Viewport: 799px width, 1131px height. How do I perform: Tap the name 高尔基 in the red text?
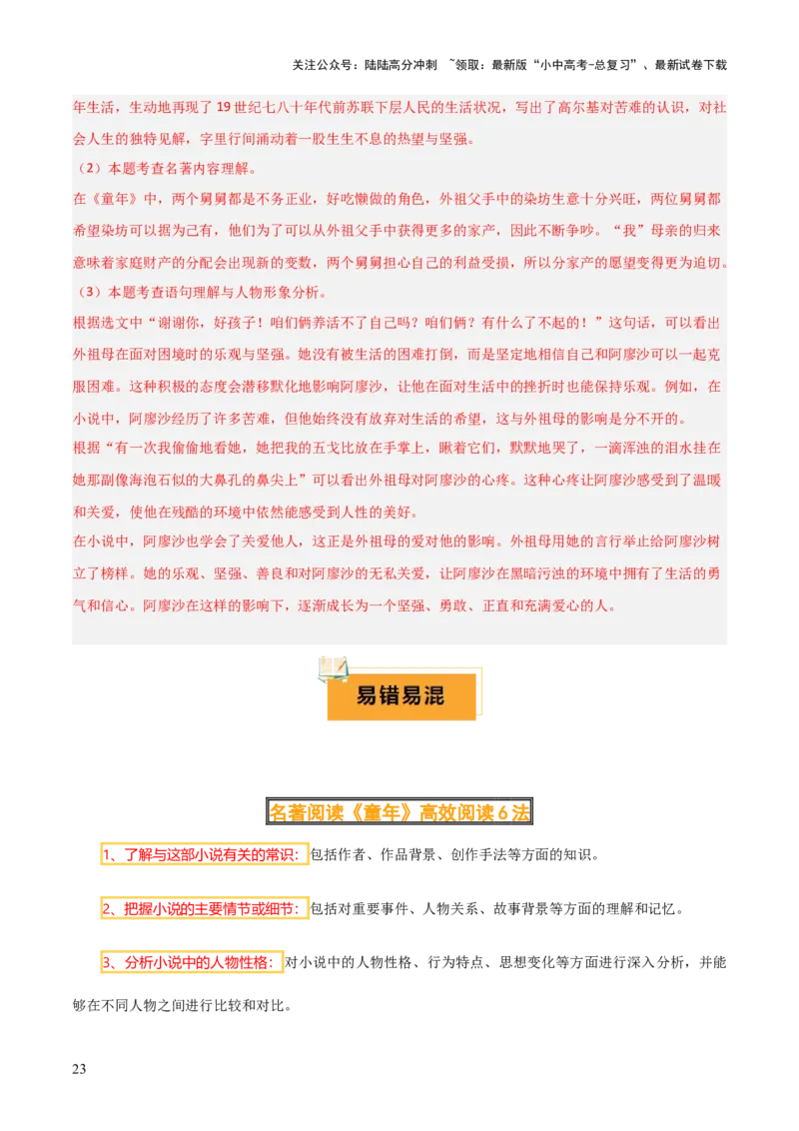pos(561,109)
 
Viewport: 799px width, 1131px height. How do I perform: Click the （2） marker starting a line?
pos(89,167)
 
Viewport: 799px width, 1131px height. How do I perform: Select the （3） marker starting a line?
pos(89,293)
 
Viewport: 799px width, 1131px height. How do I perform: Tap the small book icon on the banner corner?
pos(332,669)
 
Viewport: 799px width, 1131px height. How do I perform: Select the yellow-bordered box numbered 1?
pos(204,855)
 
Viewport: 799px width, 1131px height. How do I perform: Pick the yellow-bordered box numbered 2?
pos(204,909)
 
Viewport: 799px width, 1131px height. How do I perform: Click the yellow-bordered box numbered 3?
pos(192,962)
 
